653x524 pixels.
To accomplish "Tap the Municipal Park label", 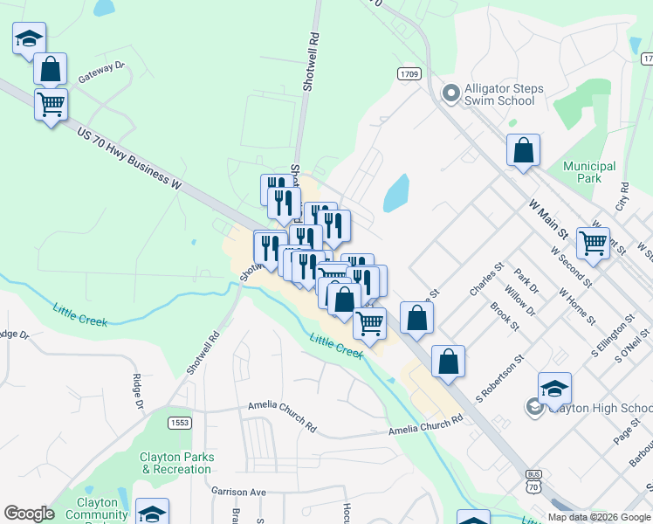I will (x=589, y=172).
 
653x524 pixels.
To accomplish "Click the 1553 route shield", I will (x=179, y=423).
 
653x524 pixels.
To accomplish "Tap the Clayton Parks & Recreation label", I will (x=176, y=463).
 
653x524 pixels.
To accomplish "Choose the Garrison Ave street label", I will (x=238, y=492).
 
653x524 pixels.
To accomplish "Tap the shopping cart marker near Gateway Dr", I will (x=52, y=105).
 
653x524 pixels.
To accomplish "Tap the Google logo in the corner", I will (x=29, y=514).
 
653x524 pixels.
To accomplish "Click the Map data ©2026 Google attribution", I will (x=599, y=517).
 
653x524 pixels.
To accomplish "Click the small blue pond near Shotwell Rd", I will (x=396, y=192).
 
